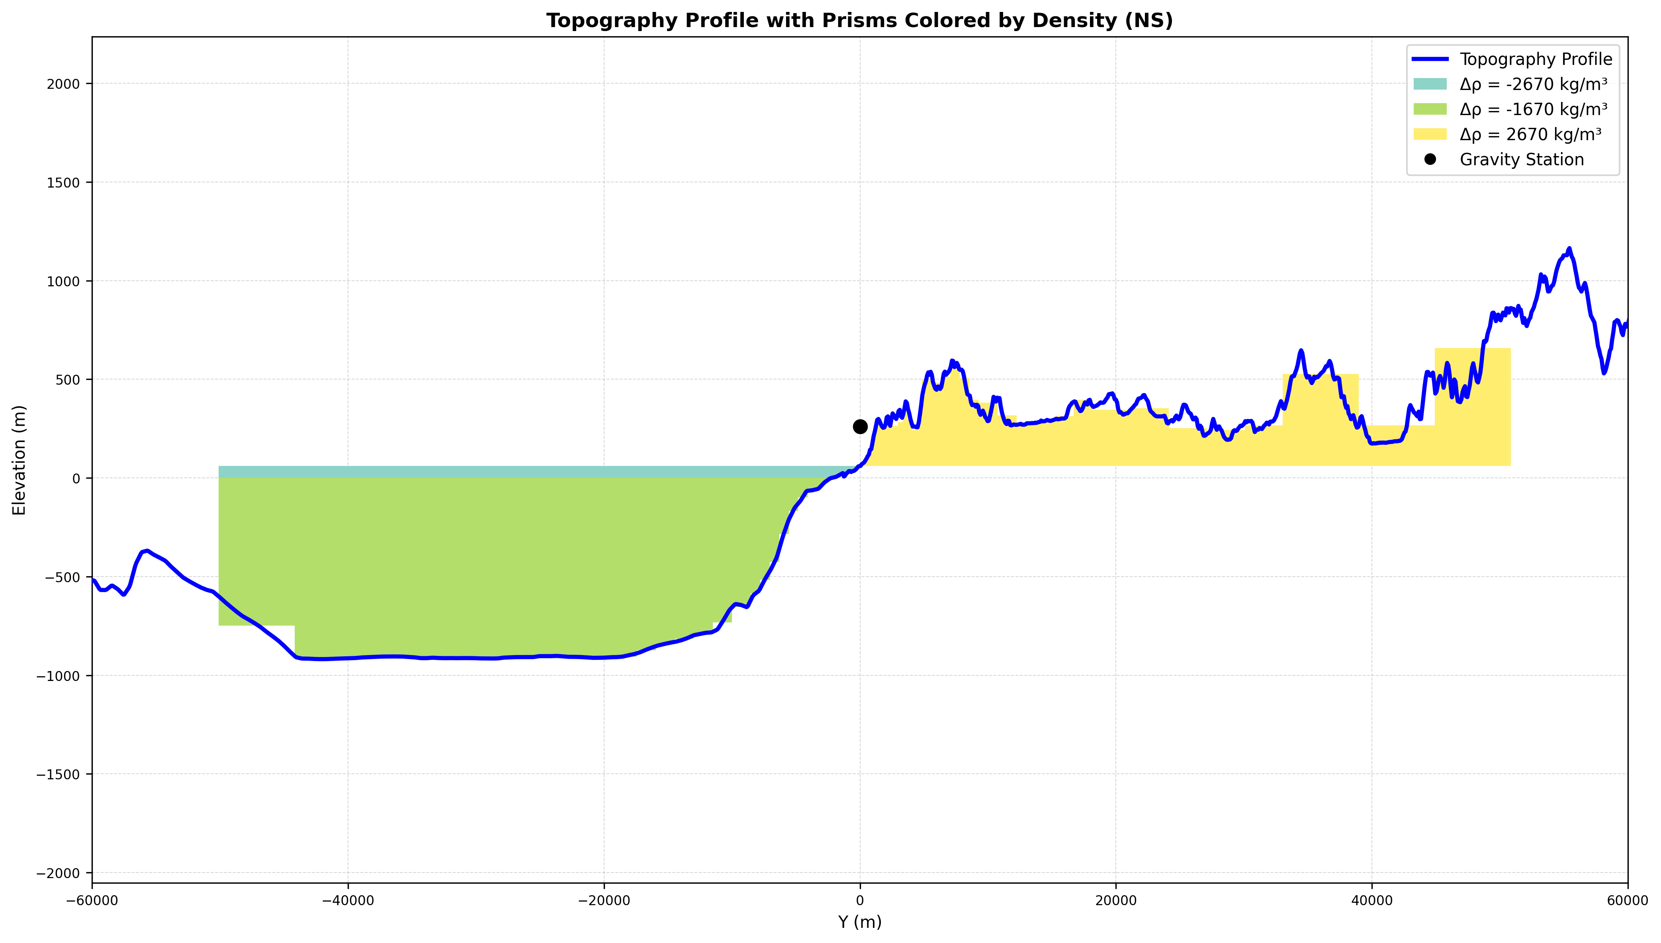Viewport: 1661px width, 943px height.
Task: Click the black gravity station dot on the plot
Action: [x=860, y=426]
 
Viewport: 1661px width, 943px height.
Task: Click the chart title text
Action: [x=859, y=21]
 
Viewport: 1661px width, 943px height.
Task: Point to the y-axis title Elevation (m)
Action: [x=20, y=460]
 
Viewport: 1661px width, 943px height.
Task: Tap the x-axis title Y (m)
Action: [x=860, y=921]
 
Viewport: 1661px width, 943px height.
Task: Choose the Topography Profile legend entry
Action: [x=1512, y=59]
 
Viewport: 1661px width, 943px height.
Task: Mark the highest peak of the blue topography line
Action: [x=1568, y=248]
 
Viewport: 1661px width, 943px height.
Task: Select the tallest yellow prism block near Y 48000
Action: [x=1473, y=407]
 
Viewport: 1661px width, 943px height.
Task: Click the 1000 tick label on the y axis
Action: [x=65, y=281]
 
